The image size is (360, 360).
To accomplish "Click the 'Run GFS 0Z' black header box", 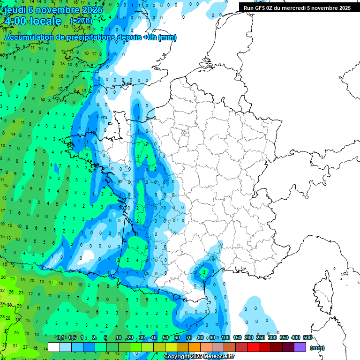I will point(296,7).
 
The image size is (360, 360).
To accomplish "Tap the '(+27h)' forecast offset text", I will point(81,21).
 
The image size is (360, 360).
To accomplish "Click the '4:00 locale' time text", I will point(33,21).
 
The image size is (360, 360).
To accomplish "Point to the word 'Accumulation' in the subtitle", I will point(28,37).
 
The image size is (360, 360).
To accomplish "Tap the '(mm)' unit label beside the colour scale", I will point(317,348).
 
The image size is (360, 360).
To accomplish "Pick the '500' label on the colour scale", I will point(307,338).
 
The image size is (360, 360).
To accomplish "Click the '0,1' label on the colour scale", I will point(60,338).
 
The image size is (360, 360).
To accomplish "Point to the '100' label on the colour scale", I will point(225,338).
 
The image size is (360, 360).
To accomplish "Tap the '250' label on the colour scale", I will point(261,338).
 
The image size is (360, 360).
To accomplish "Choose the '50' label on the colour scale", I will point(165,338).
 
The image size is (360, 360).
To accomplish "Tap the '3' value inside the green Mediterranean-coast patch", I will point(203,271).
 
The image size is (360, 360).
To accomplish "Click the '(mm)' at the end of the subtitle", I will point(167,37).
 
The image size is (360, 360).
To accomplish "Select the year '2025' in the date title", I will point(92,9).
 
